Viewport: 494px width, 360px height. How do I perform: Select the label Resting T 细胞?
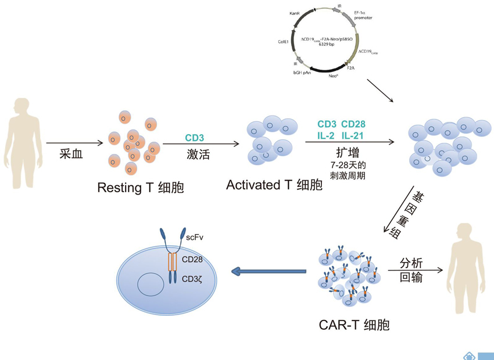click(x=140, y=188)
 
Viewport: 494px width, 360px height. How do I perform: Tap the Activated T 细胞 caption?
click(x=274, y=185)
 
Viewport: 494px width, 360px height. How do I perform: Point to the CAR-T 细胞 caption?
click(x=354, y=325)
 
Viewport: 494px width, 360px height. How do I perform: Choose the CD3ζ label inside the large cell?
click(x=192, y=279)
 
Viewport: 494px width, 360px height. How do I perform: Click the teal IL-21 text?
click(x=353, y=136)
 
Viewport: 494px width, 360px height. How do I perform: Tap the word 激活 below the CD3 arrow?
click(x=198, y=154)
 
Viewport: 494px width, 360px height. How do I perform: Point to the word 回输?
click(x=411, y=278)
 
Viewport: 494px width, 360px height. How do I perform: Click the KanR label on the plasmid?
click(x=294, y=12)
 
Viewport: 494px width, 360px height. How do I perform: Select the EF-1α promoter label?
click(x=361, y=15)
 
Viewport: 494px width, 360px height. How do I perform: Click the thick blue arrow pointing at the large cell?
click(x=268, y=271)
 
